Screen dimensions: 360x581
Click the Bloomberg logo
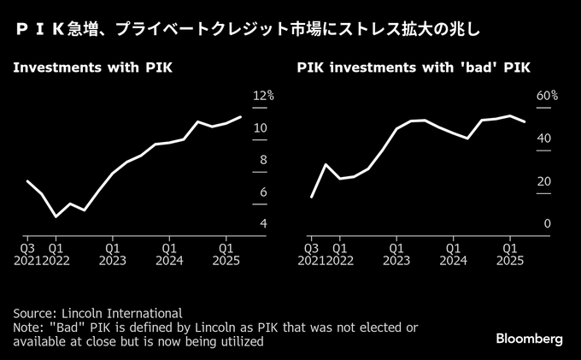tap(530, 339)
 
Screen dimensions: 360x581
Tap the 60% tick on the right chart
tap(547, 97)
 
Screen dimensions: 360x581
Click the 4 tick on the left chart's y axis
tap(261, 224)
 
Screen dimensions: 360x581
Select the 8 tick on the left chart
tap(261, 161)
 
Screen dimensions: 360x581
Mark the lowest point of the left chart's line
tap(56, 216)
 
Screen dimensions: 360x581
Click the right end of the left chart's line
tap(241, 116)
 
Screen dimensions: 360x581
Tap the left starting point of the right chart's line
tap(311, 197)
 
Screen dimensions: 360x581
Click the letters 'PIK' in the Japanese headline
tap(43, 30)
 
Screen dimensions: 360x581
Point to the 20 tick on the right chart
tap(544, 181)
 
